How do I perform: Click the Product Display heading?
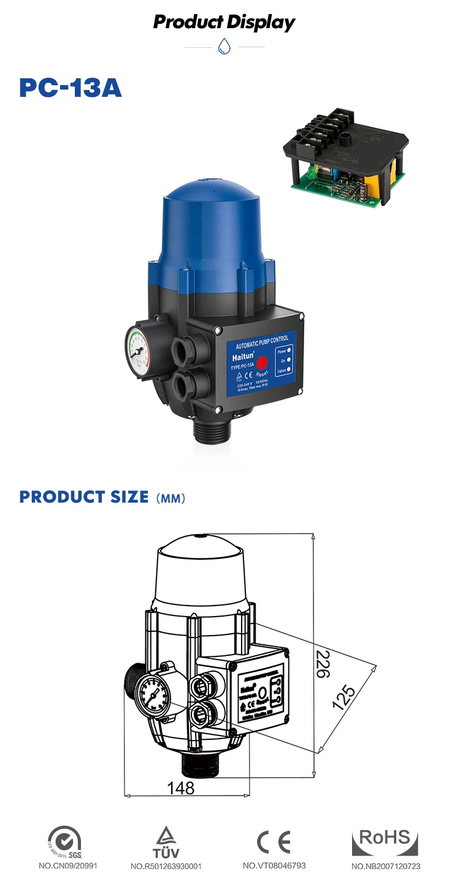click(x=224, y=23)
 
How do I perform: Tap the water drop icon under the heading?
click(x=224, y=47)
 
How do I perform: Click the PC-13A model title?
click(x=71, y=88)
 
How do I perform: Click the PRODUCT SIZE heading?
click(x=84, y=496)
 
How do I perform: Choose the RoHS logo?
click(x=385, y=842)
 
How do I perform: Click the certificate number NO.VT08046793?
click(x=274, y=865)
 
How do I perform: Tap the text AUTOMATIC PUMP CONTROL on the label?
click(x=262, y=338)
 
